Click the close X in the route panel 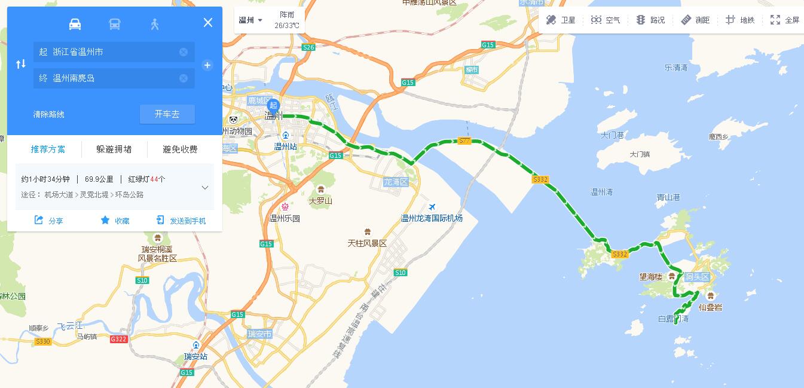pos(208,23)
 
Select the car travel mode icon pos(75,24)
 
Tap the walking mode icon pos(155,24)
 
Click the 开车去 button pos(167,114)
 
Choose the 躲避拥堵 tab pos(114,149)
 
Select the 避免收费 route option pos(180,149)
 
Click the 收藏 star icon pos(105,220)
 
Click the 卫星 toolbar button pos(561,20)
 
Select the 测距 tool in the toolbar pos(696,20)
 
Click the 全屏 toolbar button pos(785,20)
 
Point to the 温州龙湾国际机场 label pos(432,218)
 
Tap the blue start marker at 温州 pos(274,106)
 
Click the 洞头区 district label pos(697,277)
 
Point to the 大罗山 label pos(321,201)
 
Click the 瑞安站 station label pos(196,356)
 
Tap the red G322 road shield pos(118,339)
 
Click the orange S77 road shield pos(464,141)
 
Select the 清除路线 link pos(49,114)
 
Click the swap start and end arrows pos(21,64)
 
